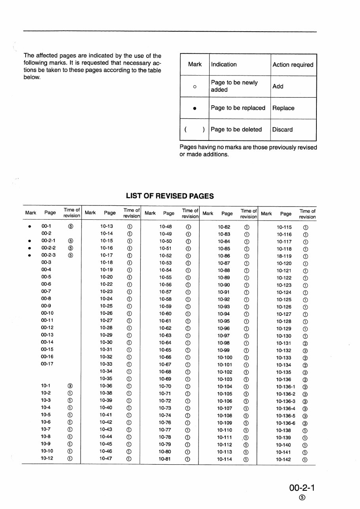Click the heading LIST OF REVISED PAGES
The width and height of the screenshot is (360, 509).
tap(170, 196)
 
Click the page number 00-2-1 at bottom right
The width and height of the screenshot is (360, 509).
tap(303, 486)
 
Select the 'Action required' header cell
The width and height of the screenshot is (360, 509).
tap(293, 65)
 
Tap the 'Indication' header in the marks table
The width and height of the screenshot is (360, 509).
tap(224, 65)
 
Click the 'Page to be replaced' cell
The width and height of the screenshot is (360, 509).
tap(238, 108)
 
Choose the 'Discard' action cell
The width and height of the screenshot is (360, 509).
tap(282, 129)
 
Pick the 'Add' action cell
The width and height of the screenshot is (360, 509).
tap(278, 86)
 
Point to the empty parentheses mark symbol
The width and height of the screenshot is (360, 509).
tap(194, 129)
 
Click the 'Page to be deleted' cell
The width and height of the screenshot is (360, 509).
tap(236, 129)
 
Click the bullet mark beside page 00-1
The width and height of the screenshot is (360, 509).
tap(29, 227)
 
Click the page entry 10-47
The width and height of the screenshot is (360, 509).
tap(106, 459)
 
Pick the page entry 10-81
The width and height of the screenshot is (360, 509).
tap(165, 459)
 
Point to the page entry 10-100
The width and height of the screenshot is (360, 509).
tap(225, 357)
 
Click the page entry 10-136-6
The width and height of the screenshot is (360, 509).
tap(286, 423)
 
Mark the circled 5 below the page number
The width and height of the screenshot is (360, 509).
tap(303, 497)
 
